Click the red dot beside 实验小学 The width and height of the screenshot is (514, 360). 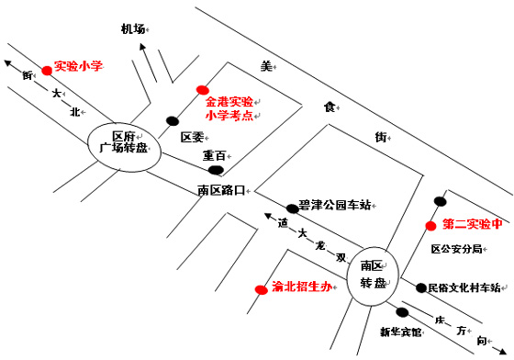47,69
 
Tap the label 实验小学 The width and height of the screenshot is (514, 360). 78,66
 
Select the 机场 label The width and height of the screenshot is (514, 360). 134,29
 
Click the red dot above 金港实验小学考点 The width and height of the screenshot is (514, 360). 202,90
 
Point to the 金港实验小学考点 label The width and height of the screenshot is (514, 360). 229,108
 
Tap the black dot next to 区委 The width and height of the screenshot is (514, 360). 172,120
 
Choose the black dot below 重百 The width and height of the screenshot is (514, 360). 216,170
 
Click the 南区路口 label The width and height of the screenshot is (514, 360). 221,190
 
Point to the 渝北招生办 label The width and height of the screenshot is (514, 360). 300,287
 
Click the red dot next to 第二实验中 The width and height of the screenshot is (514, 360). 430,225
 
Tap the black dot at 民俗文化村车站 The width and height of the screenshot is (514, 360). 421,287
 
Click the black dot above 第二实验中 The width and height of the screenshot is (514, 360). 441,201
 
